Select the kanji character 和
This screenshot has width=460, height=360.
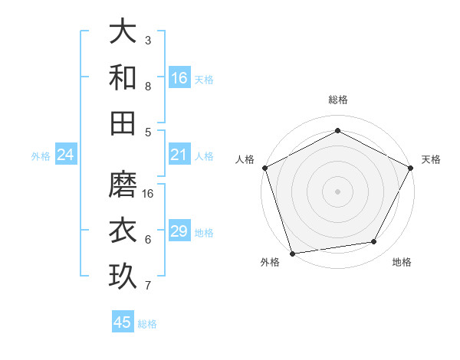coord(123,77)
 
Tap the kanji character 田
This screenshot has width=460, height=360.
coord(123,123)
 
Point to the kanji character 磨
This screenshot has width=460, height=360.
coord(123,185)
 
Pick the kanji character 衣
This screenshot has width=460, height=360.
coord(123,231)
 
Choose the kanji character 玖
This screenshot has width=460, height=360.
coord(123,277)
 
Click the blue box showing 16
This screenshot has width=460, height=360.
coord(179,78)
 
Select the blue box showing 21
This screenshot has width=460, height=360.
coord(179,155)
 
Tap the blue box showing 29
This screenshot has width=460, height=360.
coord(179,232)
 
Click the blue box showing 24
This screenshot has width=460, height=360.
coord(66,155)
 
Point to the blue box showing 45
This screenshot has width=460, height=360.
coord(123,322)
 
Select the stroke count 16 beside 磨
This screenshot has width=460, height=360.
coord(149,194)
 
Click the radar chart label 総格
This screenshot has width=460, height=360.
coord(338,100)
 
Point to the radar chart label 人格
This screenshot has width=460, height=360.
coord(245,159)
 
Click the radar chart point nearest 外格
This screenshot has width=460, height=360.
coord(292,254)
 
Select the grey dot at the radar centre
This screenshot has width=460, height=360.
coord(338,191)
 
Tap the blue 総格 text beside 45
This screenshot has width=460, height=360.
coord(147,324)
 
